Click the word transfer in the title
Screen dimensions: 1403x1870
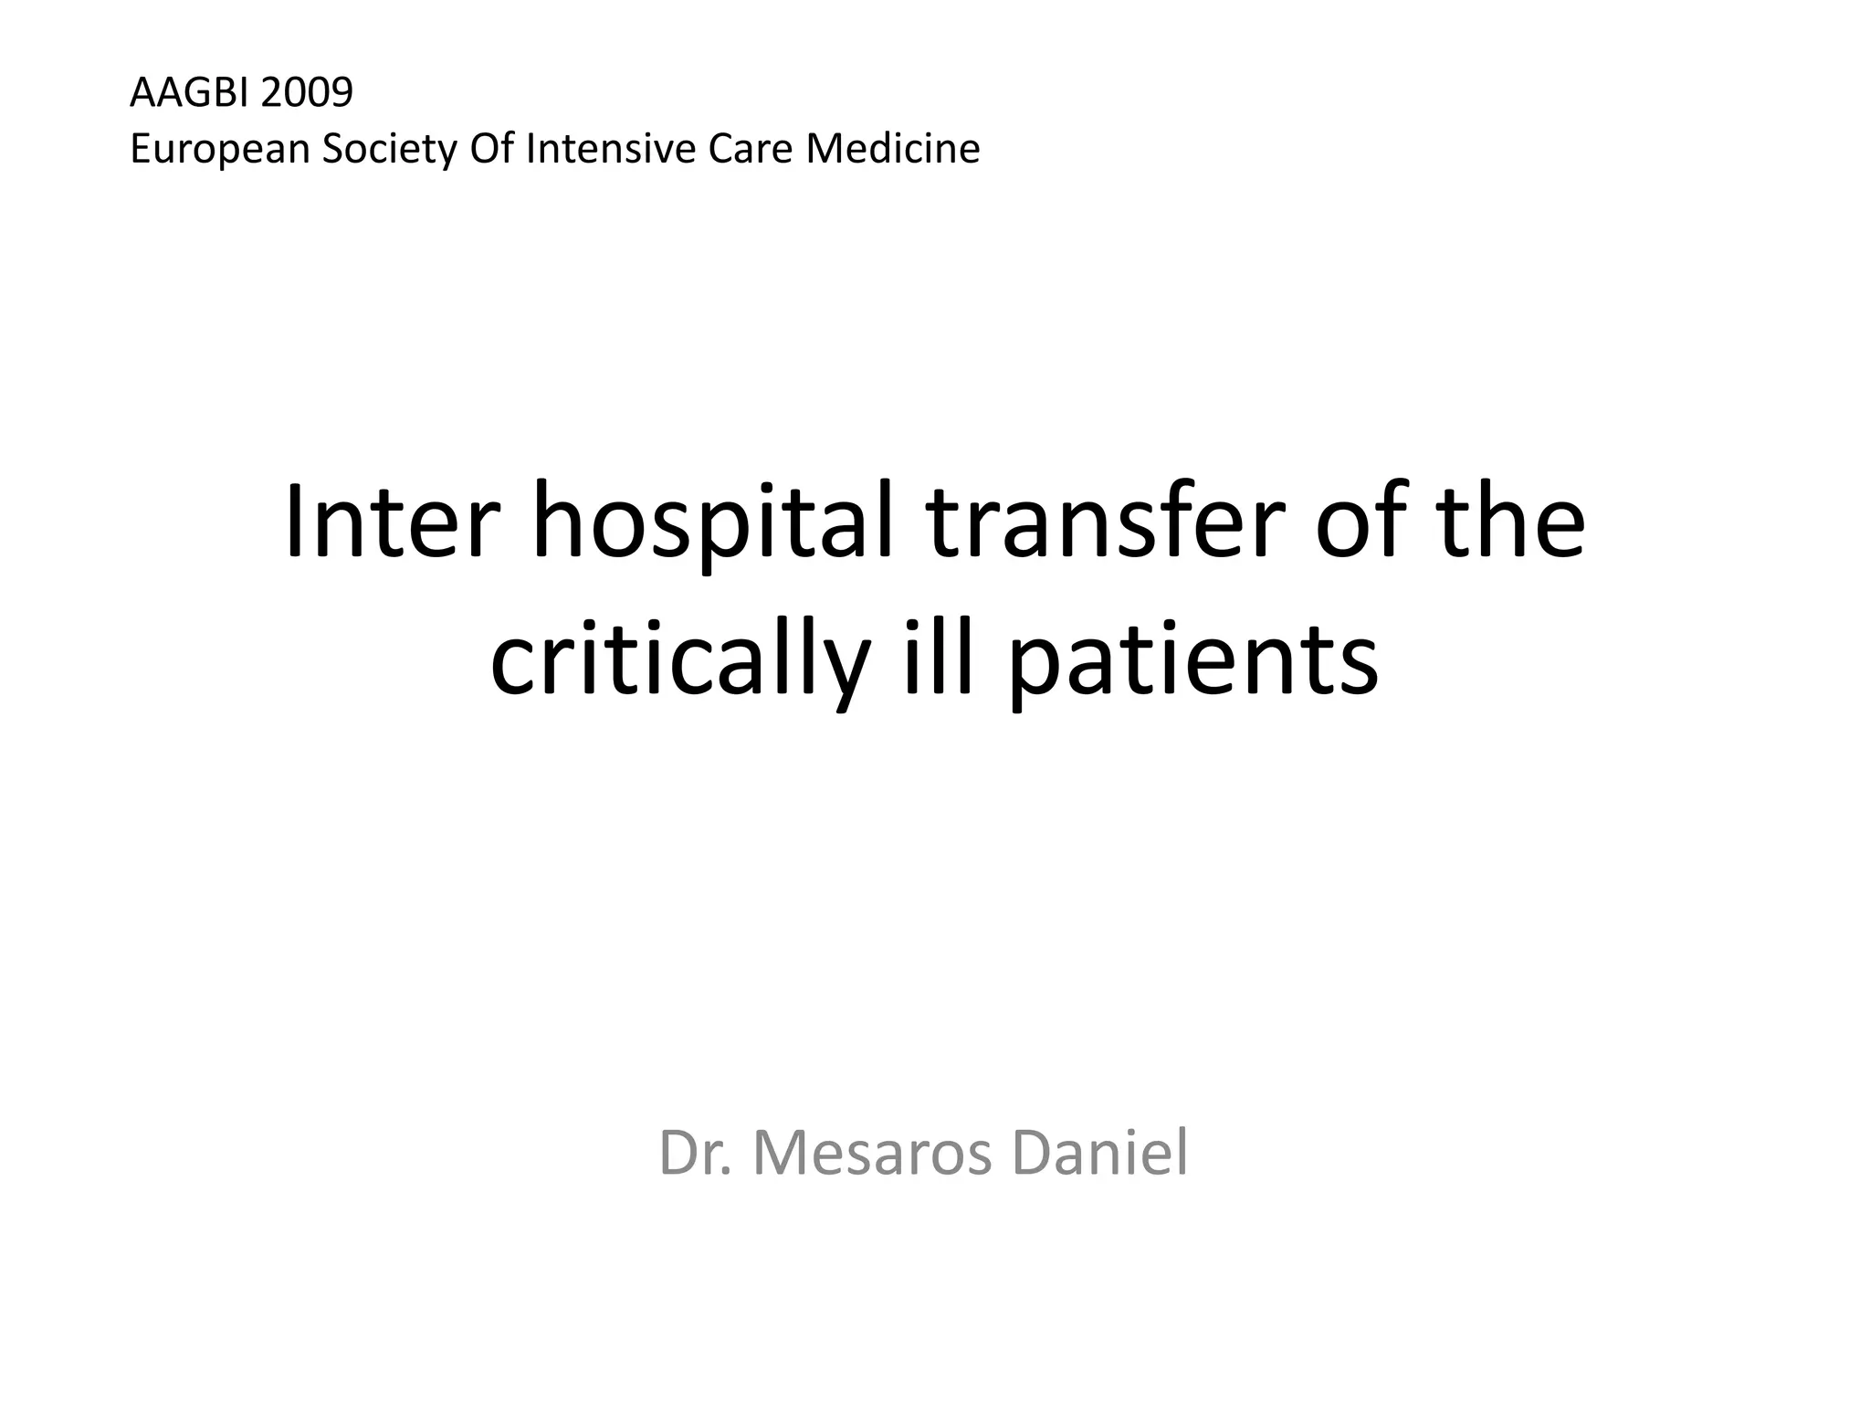[1104, 522]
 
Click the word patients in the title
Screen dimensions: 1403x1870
[1192, 662]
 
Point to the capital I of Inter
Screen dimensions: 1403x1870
[294, 522]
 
